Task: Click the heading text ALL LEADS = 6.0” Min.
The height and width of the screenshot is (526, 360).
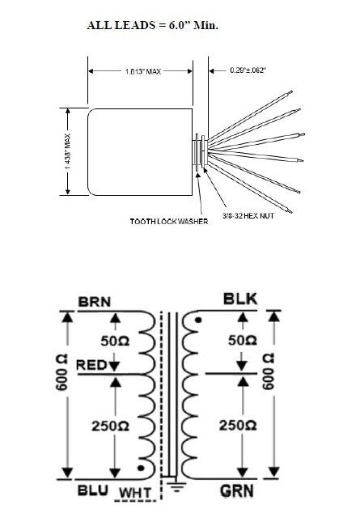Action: (x=153, y=25)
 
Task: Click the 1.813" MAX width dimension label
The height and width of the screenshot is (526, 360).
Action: (x=143, y=71)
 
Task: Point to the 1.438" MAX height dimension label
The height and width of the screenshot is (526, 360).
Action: (x=67, y=151)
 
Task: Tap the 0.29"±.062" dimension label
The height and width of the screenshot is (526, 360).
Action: (x=248, y=70)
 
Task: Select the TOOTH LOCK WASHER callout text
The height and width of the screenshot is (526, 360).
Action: (x=169, y=222)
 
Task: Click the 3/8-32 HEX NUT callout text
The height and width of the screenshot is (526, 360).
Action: (x=248, y=216)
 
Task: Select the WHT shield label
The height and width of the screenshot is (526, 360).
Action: (x=135, y=493)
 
